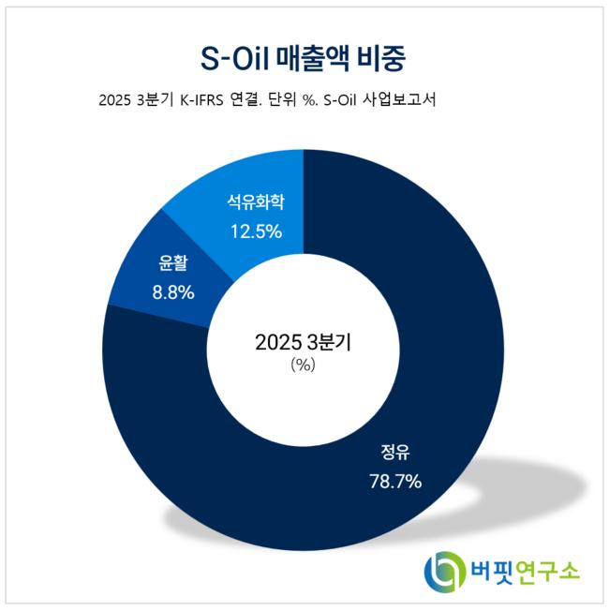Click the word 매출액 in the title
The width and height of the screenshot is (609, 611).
308,57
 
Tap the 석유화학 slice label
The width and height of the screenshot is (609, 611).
255,201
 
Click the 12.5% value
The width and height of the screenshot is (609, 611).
255,230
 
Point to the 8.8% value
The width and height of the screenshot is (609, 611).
172,292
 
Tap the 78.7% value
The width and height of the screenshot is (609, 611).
395,483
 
